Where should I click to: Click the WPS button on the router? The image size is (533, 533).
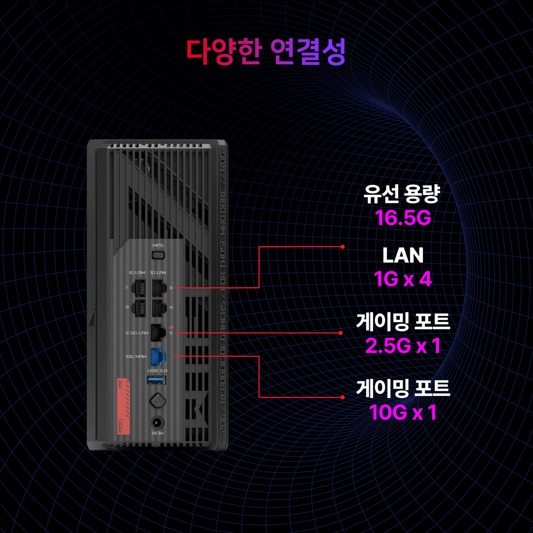158,255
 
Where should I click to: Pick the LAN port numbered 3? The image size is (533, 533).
158,288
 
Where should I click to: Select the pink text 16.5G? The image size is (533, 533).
402,218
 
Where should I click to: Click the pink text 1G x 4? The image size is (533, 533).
403,279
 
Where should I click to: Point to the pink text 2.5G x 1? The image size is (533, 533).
403,346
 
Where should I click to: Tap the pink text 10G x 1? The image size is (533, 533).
403,412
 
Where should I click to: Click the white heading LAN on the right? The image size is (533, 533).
403,256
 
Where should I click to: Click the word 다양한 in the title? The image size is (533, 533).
224,51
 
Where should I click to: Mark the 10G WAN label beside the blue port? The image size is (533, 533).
136,356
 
